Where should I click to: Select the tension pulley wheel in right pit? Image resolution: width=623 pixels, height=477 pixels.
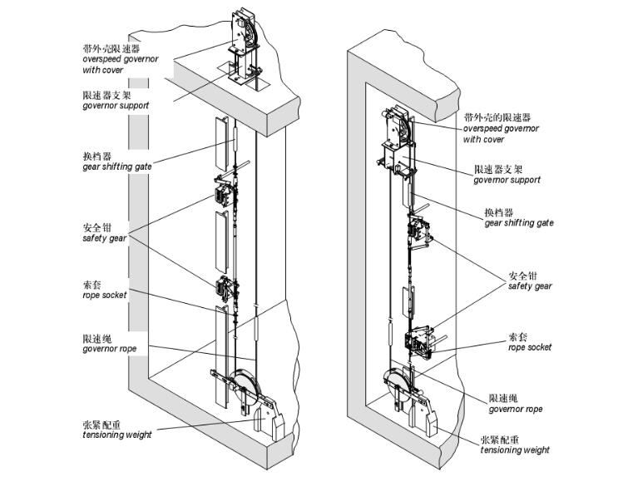coord(398,382)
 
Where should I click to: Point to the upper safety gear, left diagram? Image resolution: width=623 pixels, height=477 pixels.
coord(225,194)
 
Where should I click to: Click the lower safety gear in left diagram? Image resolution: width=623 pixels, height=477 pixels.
coord(225,287)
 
